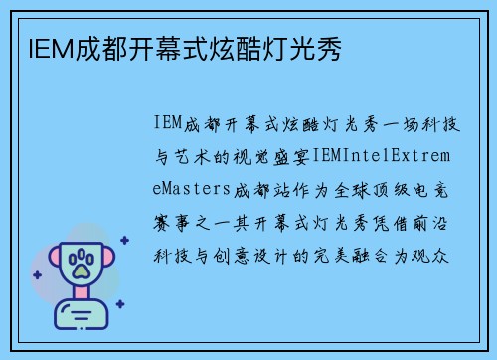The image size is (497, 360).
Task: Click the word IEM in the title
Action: [42, 47]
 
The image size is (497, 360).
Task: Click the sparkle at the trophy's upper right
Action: [124, 240]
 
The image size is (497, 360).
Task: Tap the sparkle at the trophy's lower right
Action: [119, 304]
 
